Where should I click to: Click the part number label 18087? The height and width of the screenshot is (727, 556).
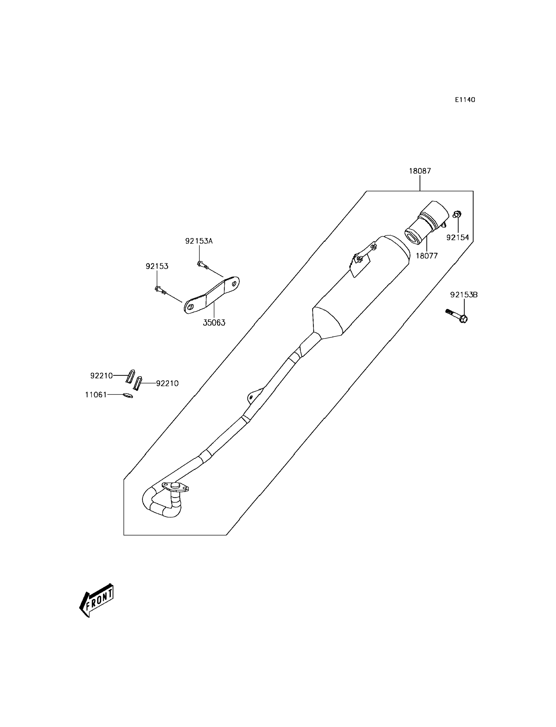[x=420, y=171]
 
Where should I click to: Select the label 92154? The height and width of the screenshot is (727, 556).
[x=458, y=238]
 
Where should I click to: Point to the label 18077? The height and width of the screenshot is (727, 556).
[x=427, y=256]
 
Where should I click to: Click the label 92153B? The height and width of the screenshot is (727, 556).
[x=464, y=295]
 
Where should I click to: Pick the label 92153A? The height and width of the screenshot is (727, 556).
[x=199, y=241]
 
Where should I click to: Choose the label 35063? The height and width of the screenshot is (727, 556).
[x=214, y=323]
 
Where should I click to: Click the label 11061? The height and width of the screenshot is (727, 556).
[x=96, y=395]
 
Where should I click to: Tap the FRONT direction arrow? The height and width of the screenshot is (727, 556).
[x=97, y=600]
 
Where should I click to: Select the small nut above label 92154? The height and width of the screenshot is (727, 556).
[x=457, y=214]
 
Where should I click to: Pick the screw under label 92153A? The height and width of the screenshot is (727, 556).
[x=202, y=265]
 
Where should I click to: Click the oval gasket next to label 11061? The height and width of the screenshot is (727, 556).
[x=128, y=395]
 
